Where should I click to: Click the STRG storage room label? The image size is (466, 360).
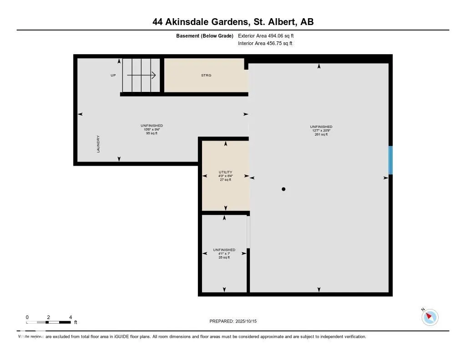[206, 75]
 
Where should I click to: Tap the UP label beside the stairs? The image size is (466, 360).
[113, 75]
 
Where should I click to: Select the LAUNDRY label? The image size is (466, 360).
[98, 143]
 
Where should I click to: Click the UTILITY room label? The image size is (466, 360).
[225, 172]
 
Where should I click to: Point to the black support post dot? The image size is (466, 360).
[284, 189]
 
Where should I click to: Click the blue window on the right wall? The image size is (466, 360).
[390, 160]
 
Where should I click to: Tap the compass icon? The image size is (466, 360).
[430, 317]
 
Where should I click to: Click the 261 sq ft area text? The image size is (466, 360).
[321, 134]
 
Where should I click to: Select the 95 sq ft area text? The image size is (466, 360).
[152, 133]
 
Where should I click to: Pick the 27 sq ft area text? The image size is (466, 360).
[225, 180]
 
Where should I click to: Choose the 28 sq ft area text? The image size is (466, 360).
[224, 258]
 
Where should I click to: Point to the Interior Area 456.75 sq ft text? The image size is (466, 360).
[265, 44]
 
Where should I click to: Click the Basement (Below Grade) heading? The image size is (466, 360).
[205, 35]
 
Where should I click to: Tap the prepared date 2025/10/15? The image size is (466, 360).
[236, 321]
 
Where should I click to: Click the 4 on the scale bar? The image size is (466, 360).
[70, 317]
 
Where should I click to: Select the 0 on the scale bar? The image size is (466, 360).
[27, 317]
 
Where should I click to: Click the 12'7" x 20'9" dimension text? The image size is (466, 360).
[321, 131]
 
